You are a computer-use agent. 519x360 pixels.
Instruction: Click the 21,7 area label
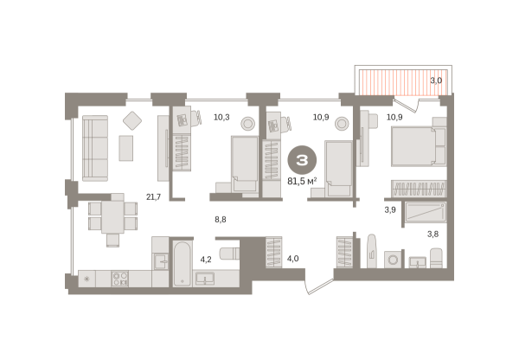154,197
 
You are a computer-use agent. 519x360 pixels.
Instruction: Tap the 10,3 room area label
221,117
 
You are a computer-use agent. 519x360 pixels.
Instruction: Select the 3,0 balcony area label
436,80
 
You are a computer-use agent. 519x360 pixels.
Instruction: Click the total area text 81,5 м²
302,181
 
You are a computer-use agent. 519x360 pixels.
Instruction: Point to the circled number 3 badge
302,160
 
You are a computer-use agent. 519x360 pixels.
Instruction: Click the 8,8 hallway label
221,219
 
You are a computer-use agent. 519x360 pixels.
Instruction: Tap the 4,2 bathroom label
206,260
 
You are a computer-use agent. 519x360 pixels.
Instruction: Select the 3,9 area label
390,209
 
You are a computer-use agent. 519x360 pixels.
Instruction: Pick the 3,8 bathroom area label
432,235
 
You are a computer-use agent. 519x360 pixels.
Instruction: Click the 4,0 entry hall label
292,259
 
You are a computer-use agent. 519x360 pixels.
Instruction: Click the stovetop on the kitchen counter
120,279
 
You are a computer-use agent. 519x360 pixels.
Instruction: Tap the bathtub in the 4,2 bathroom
182,263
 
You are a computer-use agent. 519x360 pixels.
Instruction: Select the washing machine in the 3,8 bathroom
393,260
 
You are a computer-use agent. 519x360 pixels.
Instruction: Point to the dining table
112,217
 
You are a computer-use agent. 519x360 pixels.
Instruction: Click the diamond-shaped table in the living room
132,120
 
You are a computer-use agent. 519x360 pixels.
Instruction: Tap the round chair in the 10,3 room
247,124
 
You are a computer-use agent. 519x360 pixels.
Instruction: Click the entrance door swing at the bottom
319,286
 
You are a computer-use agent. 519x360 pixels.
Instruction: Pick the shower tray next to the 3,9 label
426,212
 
